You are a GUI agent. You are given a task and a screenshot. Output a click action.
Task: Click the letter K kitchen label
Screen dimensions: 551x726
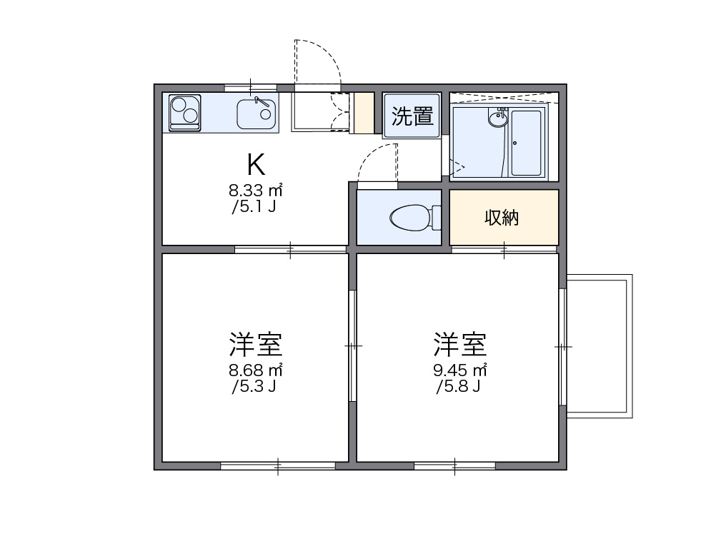point(257,165)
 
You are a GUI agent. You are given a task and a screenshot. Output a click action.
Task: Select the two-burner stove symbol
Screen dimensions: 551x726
point(185,113)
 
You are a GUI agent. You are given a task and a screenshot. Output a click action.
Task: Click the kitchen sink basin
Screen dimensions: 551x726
point(257,114)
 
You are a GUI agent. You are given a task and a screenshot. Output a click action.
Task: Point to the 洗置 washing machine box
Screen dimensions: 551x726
point(412,116)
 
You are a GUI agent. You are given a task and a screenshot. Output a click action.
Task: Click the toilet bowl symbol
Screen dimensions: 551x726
point(412,218)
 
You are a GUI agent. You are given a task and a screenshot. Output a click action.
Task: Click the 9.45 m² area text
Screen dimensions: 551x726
point(460,370)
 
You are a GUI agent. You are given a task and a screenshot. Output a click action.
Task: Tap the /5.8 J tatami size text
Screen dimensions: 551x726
point(458,388)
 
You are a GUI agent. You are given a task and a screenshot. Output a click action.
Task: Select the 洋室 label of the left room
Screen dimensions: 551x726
point(256,345)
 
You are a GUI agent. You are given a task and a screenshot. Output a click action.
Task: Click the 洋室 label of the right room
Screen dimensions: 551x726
point(460,345)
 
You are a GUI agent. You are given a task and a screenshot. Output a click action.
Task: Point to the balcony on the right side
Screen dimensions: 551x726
point(599,346)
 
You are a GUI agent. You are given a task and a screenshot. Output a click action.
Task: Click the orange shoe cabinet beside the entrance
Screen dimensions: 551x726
point(365,113)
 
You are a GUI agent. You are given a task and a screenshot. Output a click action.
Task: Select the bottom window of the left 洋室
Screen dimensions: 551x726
point(277,465)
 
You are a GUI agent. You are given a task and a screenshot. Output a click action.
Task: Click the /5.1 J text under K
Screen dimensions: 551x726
point(254,208)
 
